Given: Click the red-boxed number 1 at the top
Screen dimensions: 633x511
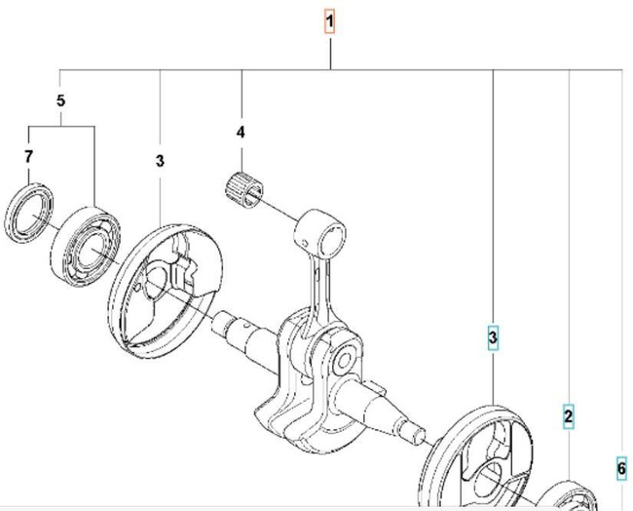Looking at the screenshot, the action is pos(330,21).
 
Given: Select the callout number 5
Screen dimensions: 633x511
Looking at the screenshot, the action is pos(60,100).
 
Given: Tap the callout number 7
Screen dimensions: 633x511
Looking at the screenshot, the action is pos(28,156).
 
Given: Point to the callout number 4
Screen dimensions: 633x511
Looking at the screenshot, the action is pos(241,133).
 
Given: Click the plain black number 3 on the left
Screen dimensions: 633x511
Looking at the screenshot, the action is pos(160,161).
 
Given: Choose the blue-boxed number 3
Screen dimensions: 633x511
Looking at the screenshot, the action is pos(493,337).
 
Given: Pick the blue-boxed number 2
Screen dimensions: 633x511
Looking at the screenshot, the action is pos(568,416).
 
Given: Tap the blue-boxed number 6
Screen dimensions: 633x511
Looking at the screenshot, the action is pos(621,468).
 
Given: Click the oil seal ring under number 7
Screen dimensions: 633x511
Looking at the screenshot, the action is pos(28,213).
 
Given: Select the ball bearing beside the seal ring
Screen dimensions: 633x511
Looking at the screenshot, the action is pos(87,247).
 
